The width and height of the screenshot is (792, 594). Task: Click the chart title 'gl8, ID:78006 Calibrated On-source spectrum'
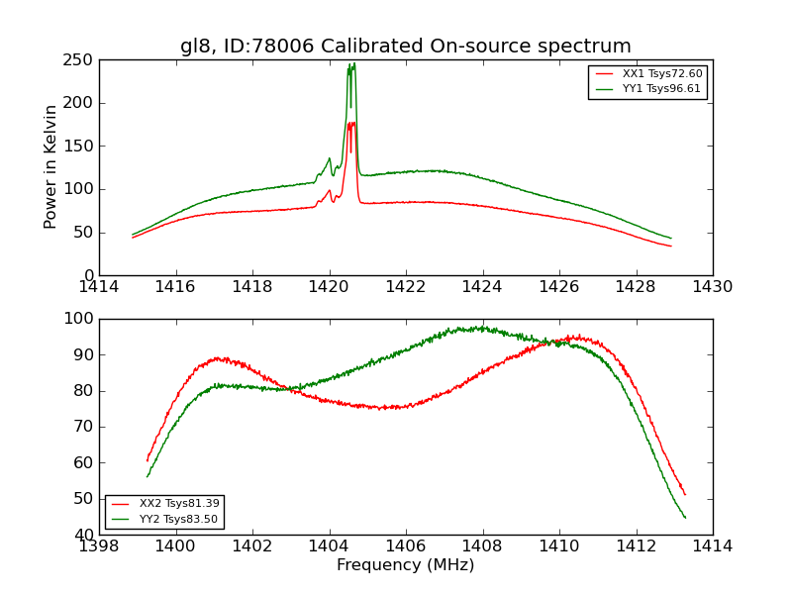[405, 47]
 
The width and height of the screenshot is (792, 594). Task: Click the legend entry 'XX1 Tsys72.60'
[662, 74]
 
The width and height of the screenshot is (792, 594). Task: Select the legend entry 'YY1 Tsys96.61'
[662, 89]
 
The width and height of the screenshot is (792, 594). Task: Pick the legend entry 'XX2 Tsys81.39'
[179, 504]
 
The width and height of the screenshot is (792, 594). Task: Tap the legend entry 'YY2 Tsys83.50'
[179, 519]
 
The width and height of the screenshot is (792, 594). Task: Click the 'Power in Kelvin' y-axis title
[50, 167]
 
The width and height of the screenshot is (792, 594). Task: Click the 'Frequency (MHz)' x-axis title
[405, 565]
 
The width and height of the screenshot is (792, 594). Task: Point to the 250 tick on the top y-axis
[81, 59]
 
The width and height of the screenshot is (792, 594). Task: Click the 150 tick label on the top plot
[81, 146]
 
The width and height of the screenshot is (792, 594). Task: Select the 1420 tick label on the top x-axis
[329, 288]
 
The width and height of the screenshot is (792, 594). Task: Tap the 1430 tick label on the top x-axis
[712, 288]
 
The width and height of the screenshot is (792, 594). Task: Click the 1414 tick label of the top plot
[99, 288]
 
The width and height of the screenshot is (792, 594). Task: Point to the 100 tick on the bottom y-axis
[81, 319]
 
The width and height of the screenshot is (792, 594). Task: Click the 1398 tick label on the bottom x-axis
[99, 546]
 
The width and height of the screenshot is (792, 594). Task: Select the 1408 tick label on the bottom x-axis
[482, 546]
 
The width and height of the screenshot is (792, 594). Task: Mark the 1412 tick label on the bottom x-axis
[636, 546]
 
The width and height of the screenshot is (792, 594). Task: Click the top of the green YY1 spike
[353, 63]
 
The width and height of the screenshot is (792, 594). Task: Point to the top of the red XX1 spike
[352, 122]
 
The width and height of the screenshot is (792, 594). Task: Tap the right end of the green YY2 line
[685, 518]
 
